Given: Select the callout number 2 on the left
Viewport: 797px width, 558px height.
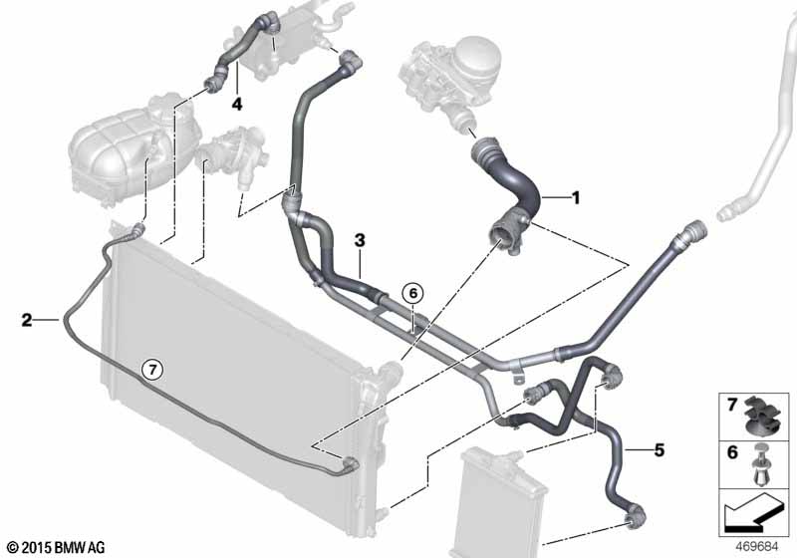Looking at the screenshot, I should point(27,320).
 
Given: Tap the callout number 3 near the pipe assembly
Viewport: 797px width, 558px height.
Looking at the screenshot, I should point(360,240).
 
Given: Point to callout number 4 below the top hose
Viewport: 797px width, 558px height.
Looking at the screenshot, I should point(237,103).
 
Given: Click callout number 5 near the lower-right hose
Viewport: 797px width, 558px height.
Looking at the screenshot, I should point(659,450).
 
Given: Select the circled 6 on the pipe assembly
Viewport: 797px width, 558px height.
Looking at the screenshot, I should point(411,293).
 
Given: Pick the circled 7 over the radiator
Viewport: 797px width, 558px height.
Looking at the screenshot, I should point(151,369).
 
